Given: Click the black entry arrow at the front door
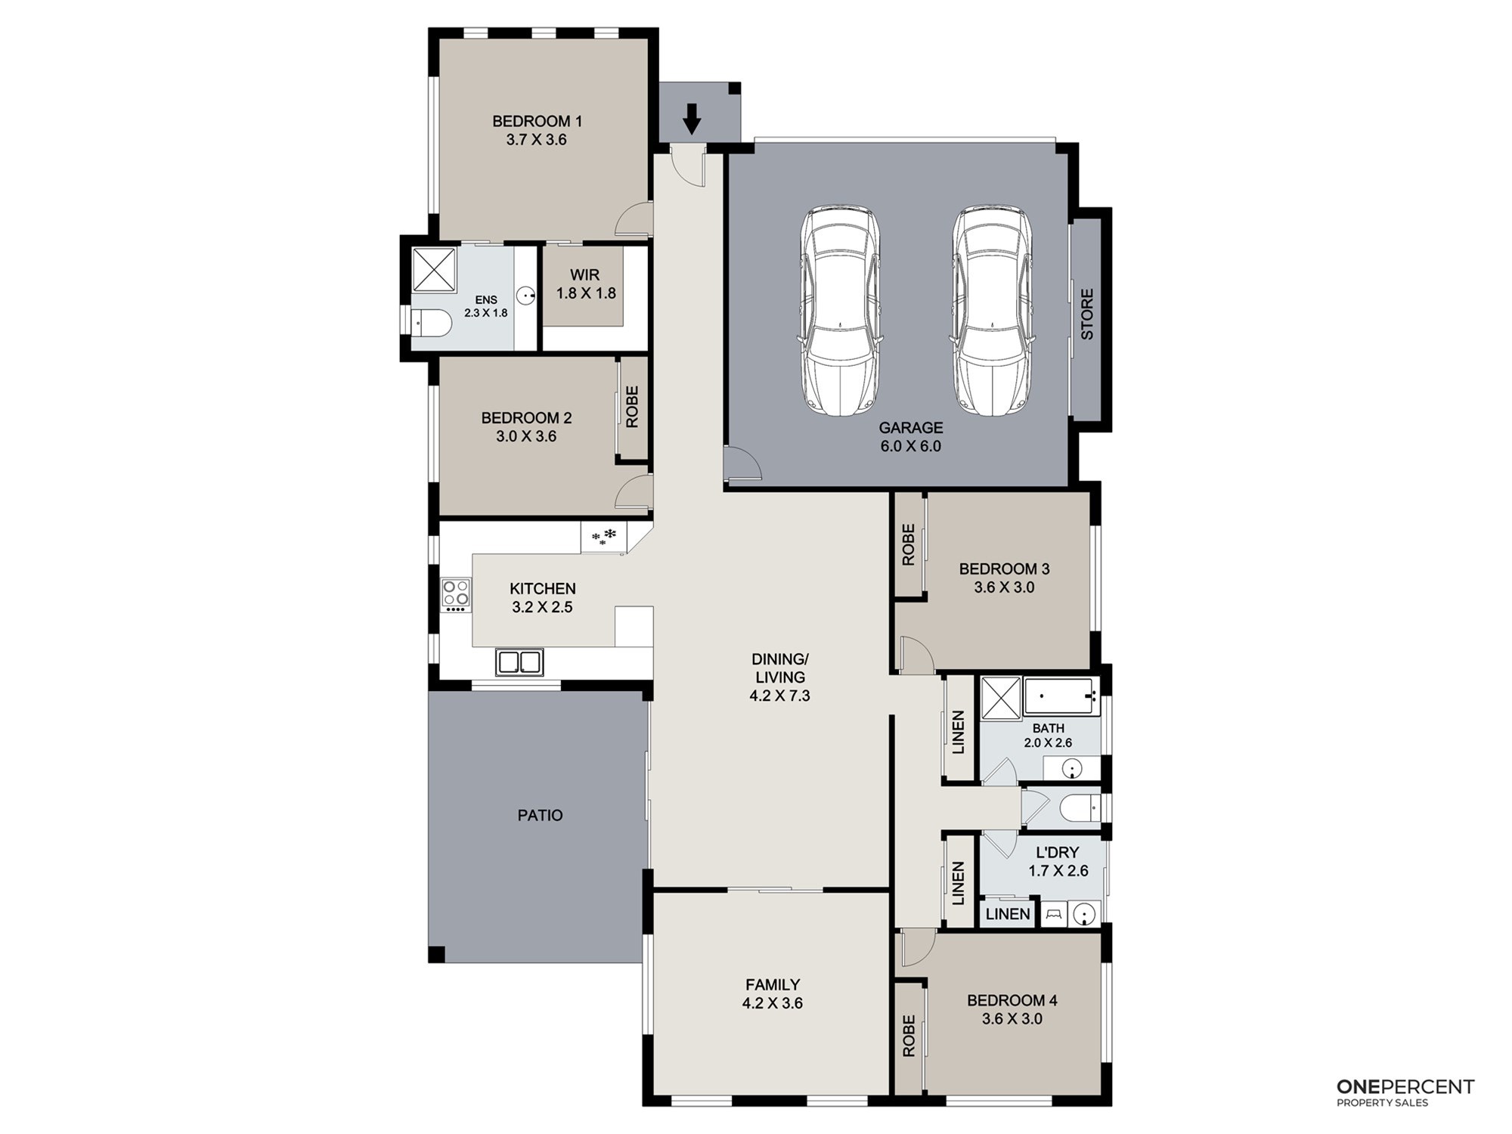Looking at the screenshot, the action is click(x=691, y=119).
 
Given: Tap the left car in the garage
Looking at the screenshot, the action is click(x=840, y=310).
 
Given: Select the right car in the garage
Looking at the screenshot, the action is click(x=992, y=310).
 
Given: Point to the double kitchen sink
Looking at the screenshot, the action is click(x=519, y=662).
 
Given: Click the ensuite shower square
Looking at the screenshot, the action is click(x=435, y=270).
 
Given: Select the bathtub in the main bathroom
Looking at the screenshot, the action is click(x=1060, y=696).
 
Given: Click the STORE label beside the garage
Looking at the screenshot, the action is click(x=1086, y=314).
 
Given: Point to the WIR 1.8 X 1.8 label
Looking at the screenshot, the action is click(x=586, y=283).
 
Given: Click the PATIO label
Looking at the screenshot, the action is click(x=540, y=815).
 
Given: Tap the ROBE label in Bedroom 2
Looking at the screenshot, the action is click(x=632, y=407).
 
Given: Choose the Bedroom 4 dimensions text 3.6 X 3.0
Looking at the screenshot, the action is click(x=1012, y=1018).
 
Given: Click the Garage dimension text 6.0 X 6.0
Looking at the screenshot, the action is click(x=910, y=446).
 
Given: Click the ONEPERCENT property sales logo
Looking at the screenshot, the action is click(x=1405, y=1092).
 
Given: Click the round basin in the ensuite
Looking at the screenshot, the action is click(x=526, y=294).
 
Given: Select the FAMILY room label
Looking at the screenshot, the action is click(x=772, y=984).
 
